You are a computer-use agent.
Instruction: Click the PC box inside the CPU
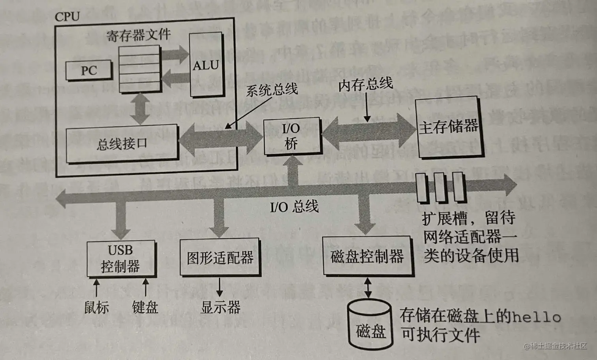(89, 71)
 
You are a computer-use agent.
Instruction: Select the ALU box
(206, 65)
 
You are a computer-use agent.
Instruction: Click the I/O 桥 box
(292, 136)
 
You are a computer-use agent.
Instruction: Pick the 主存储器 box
(449, 127)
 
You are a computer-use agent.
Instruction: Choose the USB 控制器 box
(121, 259)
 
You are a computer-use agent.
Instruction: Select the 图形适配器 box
(220, 257)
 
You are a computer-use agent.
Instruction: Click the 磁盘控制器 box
(367, 256)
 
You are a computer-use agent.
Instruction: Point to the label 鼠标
(96, 307)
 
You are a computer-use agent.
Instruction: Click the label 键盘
(145, 307)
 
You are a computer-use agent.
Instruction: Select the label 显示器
(220, 307)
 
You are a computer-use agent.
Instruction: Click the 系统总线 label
(272, 90)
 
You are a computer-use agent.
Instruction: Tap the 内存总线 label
(365, 84)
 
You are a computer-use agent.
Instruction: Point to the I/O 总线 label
(294, 206)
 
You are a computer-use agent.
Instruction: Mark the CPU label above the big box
(67, 17)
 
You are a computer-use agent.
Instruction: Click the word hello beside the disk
(536, 317)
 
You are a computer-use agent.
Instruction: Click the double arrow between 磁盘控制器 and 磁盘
(368, 287)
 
